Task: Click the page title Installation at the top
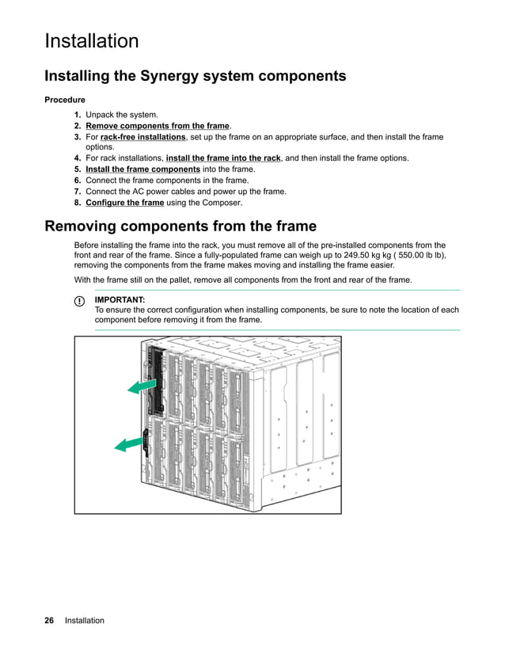click(92, 41)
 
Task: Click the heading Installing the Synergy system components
click(196, 76)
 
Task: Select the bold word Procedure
click(65, 101)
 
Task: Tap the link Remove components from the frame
click(158, 126)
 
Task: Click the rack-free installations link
click(143, 137)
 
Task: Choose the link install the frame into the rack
click(223, 158)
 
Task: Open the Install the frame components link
click(142, 169)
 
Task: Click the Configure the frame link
click(124, 203)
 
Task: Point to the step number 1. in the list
click(78, 115)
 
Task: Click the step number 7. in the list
click(78, 192)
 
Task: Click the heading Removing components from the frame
click(180, 227)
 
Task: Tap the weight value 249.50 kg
click(363, 256)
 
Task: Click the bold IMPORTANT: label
click(120, 300)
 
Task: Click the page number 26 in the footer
click(49, 621)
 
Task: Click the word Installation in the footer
click(85, 621)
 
